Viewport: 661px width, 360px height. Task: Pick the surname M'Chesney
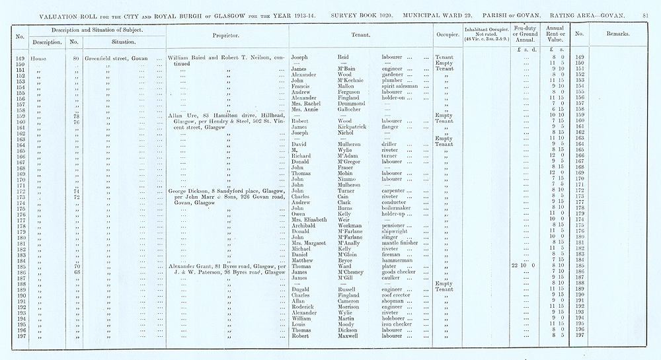pyautogui.click(x=354, y=272)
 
